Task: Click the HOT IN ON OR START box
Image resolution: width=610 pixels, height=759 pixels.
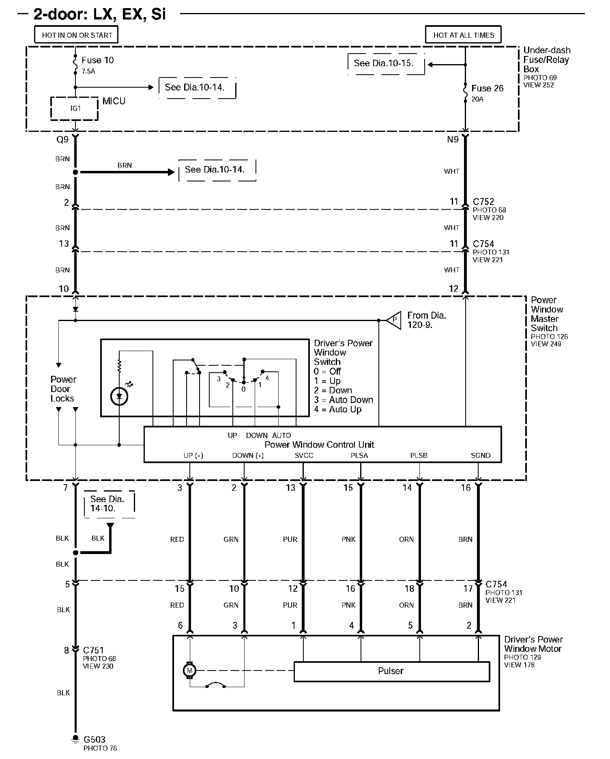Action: click(77, 35)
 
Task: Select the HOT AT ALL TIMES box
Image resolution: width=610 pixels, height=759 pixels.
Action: click(463, 35)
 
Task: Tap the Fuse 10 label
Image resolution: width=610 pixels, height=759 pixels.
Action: click(97, 60)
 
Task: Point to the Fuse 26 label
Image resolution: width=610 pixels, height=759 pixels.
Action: click(487, 88)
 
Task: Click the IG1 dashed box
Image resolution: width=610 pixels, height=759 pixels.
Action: click(75, 108)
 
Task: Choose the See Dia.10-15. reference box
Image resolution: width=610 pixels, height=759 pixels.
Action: click(385, 63)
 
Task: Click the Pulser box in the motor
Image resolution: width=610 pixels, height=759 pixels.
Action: click(391, 671)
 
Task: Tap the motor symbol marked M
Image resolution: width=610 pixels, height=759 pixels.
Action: click(189, 671)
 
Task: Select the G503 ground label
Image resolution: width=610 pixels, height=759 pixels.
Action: click(94, 740)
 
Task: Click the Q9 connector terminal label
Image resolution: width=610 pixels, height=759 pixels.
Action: click(62, 140)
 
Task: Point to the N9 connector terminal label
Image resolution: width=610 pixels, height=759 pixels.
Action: click(453, 140)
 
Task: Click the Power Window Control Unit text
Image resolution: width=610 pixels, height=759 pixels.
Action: click(319, 444)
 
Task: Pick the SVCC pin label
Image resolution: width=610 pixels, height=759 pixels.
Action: click(304, 455)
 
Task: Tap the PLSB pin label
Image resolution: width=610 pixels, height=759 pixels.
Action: click(419, 455)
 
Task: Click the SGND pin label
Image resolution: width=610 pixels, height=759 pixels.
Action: click(480, 455)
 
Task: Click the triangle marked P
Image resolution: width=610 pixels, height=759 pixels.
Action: click(393, 320)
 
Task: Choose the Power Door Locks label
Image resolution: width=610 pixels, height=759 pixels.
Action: click(63, 389)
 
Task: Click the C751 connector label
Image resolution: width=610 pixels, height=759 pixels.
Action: click(94, 650)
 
